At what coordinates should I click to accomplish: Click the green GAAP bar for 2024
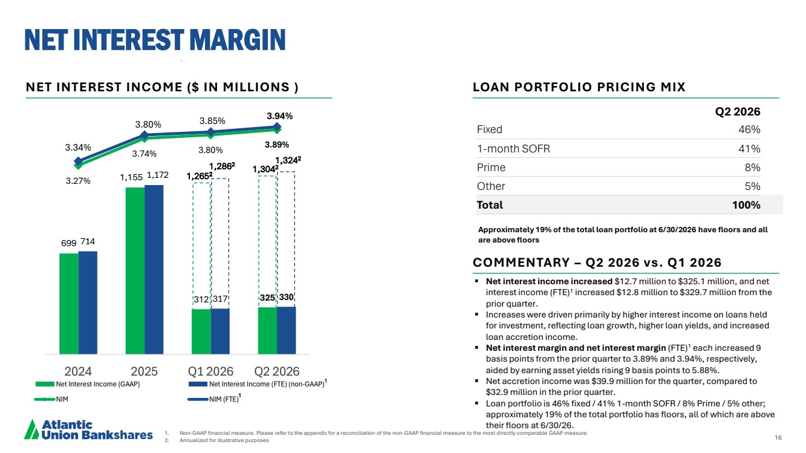(69, 304)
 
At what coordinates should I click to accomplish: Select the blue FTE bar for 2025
(154, 270)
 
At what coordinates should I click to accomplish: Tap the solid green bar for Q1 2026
(201, 331)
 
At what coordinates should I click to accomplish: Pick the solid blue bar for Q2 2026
(287, 330)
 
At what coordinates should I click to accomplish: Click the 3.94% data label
(279, 116)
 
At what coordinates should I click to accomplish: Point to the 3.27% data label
(78, 181)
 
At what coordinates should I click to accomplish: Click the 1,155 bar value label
(131, 177)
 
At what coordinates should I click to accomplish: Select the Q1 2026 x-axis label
(210, 371)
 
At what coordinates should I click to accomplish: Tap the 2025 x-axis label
(145, 371)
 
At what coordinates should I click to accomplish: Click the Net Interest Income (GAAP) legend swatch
(45, 384)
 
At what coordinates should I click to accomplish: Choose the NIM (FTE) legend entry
(215, 399)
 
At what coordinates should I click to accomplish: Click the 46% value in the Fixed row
(749, 129)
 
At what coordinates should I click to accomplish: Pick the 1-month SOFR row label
(513, 149)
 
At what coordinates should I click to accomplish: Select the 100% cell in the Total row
(746, 205)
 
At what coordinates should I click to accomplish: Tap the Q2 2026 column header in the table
(738, 111)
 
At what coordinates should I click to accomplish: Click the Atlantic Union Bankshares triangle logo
(31, 431)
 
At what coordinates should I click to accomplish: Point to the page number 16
(778, 437)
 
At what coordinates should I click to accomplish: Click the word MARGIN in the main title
(238, 39)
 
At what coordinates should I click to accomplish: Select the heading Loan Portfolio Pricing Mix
(579, 86)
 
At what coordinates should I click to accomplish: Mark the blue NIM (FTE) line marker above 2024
(78, 161)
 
